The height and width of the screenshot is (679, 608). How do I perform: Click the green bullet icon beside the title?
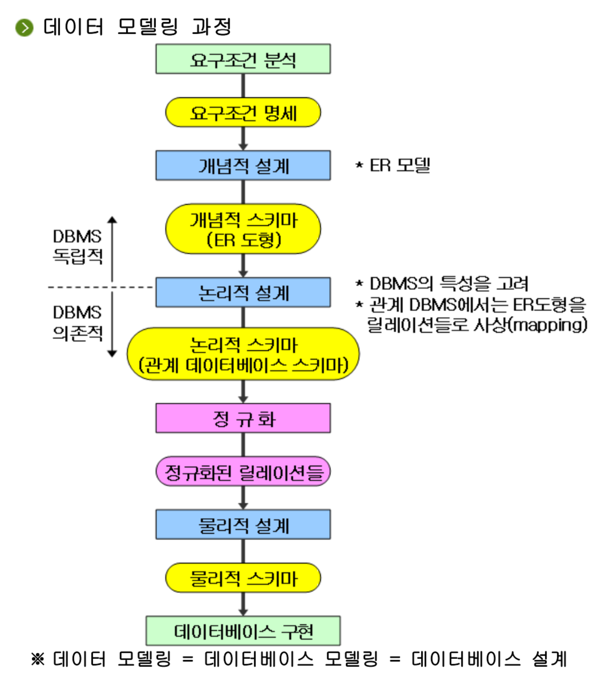pyautogui.click(x=24, y=28)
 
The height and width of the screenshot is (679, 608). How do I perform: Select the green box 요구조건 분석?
pyautogui.click(x=243, y=59)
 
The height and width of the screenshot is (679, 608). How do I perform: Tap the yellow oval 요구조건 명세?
pyautogui.click(x=243, y=112)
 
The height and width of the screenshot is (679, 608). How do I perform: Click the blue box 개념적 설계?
pyautogui.click(x=243, y=166)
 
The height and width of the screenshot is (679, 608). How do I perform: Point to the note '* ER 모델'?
pyautogui.click(x=393, y=166)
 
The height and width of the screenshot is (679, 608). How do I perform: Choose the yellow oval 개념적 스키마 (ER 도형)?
pyautogui.click(x=243, y=229)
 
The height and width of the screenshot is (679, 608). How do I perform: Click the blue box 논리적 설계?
pyautogui.click(x=243, y=293)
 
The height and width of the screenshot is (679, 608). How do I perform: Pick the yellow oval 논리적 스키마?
pyautogui.click(x=243, y=354)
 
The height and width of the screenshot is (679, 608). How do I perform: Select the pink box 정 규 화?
pyautogui.click(x=243, y=418)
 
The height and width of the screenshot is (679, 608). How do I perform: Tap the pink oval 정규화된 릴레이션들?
pyautogui.click(x=243, y=472)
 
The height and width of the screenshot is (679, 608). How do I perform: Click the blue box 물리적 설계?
pyautogui.click(x=243, y=525)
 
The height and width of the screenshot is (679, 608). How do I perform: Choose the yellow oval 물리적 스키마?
pyautogui.click(x=243, y=577)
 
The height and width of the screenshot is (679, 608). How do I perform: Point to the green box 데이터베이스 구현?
pyautogui.click(x=243, y=631)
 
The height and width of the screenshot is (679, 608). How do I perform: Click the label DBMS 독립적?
pyautogui.click(x=77, y=246)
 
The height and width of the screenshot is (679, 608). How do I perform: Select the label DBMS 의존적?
pyautogui.click(x=77, y=323)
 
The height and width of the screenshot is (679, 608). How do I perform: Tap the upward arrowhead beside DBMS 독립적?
pyautogui.click(x=112, y=220)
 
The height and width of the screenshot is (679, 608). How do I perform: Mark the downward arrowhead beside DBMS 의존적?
pyautogui.click(x=112, y=353)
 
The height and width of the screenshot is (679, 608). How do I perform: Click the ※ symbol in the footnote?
pyautogui.click(x=38, y=659)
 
